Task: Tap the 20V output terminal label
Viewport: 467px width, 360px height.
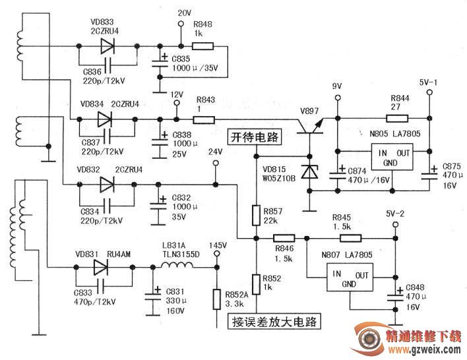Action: click(185, 13)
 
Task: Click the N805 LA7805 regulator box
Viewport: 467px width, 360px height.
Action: click(388, 158)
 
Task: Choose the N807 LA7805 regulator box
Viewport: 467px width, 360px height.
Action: click(348, 279)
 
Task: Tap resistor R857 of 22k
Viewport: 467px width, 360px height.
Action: click(256, 214)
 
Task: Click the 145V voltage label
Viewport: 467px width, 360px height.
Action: click(218, 246)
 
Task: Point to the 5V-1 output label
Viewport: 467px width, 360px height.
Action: click(429, 82)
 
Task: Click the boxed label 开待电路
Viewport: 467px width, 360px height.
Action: click(255, 138)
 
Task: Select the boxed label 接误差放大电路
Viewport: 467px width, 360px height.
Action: click(274, 322)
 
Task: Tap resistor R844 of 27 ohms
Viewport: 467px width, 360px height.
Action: click(396, 119)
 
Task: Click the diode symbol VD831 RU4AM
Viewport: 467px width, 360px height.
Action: click(100, 267)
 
